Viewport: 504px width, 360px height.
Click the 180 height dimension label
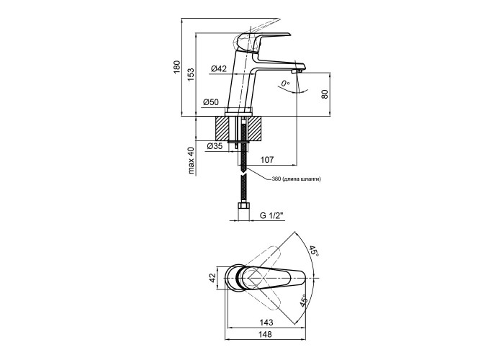coord(177,67)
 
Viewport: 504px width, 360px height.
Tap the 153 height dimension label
coord(191,74)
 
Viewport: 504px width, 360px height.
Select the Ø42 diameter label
coord(219,68)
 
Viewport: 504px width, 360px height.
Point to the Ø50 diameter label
coord(210,102)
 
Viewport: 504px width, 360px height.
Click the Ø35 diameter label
coord(215,146)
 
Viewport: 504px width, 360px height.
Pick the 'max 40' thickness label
coord(192,161)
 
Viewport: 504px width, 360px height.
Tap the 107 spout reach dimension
coord(267,160)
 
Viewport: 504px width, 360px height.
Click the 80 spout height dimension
coord(325,94)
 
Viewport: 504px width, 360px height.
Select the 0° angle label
coord(285,84)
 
